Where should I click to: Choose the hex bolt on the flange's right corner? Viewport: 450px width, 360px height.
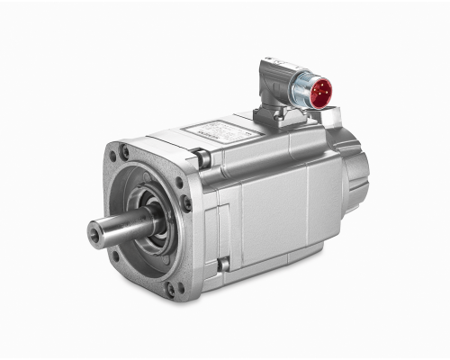tap(186, 202)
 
